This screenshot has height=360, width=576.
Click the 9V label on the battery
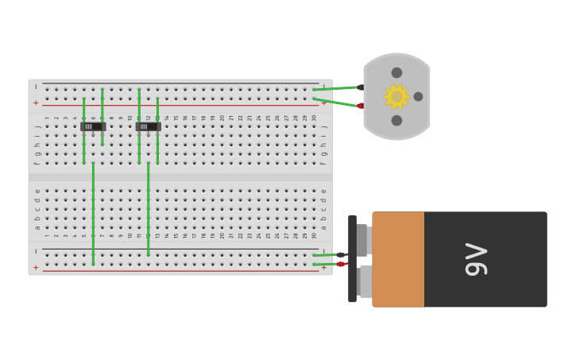pos(476,259)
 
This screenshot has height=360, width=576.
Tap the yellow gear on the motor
pos(396,96)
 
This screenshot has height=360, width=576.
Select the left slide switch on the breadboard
pos(93,126)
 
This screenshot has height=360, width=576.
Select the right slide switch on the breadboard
pos(148,126)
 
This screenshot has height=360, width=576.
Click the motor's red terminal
pos(360,106)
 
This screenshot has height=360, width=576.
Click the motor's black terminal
pos(360,87)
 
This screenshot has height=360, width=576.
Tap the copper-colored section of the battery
pos(398,259)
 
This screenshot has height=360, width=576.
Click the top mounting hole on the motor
pos(396,73)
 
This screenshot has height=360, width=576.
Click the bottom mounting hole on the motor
pos(396,121)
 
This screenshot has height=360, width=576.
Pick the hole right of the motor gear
pos(418,97)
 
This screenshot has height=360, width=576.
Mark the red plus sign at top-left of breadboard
pos(36,103)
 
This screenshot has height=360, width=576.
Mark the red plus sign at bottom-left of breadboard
pos(36,268)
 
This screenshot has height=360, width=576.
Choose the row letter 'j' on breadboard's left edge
pos(37,126)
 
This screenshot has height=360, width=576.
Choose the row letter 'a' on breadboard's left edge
pos(37,227)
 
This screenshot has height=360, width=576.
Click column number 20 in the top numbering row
pos(222,118)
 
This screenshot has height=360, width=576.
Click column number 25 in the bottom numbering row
pos(268,235)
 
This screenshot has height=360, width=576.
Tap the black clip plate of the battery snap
pos(352,259)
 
